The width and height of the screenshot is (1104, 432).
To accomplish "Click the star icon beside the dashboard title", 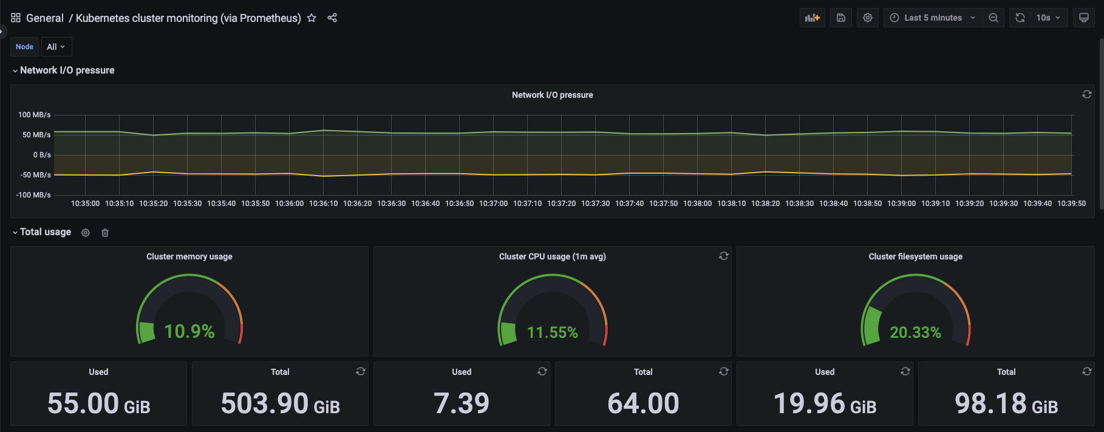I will (312, 18).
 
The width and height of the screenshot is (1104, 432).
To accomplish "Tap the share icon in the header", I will (332, 18).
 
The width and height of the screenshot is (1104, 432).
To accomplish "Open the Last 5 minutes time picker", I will (933, 18).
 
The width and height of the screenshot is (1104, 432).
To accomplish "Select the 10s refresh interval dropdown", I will (1048, 18).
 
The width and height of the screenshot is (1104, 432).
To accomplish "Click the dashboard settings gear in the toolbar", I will (868, 18).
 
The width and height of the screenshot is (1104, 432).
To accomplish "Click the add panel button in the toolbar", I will (813, 18).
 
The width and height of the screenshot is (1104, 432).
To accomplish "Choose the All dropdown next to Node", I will (56, 47).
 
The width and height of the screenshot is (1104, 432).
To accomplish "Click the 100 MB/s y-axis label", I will (35, 115).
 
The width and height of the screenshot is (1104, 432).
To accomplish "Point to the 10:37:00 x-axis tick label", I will (493, 204).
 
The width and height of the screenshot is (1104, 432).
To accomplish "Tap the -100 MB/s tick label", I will (33, 195).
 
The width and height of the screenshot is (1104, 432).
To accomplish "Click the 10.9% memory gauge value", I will (189, 332).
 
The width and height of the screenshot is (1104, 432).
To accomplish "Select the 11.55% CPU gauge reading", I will (553, 333).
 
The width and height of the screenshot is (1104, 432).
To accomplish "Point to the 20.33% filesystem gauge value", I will (915, 333).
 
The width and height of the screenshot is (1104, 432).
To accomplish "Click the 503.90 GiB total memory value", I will (280, 403).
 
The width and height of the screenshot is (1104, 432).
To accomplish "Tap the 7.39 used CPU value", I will (462, 403).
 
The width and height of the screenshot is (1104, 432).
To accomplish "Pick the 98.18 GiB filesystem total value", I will (1006, 403).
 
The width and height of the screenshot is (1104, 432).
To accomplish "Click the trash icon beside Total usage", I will (105, 233).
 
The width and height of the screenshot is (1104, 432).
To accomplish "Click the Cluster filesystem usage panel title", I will (915, 256).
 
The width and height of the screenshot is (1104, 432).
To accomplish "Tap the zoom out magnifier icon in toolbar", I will (993, 18).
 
